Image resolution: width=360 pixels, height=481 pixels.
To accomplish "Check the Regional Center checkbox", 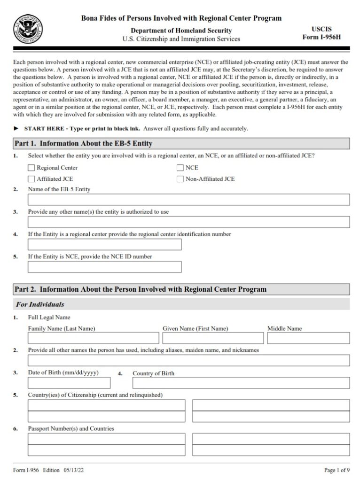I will coord(31,168).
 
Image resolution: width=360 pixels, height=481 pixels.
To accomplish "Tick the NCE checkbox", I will coord(180,168).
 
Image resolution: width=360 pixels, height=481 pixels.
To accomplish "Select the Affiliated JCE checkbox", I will coord(31,179).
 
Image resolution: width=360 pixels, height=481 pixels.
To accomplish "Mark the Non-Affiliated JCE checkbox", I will coord(180,179).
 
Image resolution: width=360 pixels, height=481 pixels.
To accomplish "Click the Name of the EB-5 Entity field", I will coord(188,200).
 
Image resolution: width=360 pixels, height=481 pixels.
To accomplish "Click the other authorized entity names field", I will coord(188,222).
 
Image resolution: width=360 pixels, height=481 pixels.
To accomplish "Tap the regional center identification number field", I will coord(104,244).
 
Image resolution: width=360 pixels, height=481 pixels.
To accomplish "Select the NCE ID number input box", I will coord(104,267).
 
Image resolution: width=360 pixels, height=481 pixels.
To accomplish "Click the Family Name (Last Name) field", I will coord(93,338).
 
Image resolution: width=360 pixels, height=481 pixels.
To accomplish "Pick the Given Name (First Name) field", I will coord(213,338).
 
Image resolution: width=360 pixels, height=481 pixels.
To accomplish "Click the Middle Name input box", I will coord(308,338).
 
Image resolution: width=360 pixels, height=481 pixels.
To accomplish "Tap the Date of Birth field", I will coord(69,383).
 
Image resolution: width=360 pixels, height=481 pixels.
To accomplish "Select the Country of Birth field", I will coord(241,383).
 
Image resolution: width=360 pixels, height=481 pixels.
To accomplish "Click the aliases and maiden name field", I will coord(188,360).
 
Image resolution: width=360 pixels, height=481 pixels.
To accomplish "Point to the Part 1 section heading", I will coord(84,143).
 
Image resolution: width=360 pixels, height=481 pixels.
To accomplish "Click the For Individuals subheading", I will coord(40,304).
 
